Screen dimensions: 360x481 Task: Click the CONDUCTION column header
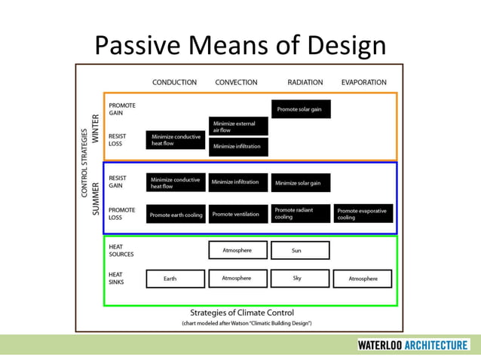[x=174, y=82]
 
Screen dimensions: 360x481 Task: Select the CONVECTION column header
[x=236, y=82]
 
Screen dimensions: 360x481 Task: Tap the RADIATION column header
[x=305, y=82]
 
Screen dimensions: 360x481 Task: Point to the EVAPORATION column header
[x=363, y=82]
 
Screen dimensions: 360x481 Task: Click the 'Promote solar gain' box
[x=300, y=109]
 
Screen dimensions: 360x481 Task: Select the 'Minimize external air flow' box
[x=238, y=127]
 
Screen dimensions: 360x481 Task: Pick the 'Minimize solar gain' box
[x=300, y=183]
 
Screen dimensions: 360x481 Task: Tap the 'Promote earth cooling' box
[x=176, y=215]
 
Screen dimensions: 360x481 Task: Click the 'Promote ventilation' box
[x=238, y=214]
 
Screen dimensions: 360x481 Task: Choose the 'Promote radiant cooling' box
[x=300, y=214]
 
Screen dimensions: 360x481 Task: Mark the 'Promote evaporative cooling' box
[x=363, y=214]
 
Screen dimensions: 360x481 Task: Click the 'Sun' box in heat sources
[x=299, y=250]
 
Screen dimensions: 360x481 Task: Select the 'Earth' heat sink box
[x=175, y=279]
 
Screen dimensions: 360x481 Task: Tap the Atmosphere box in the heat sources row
[x=237, y=250]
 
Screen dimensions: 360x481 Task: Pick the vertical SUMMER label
[x=96, y=198]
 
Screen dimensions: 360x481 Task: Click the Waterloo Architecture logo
[x=413, y=345]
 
